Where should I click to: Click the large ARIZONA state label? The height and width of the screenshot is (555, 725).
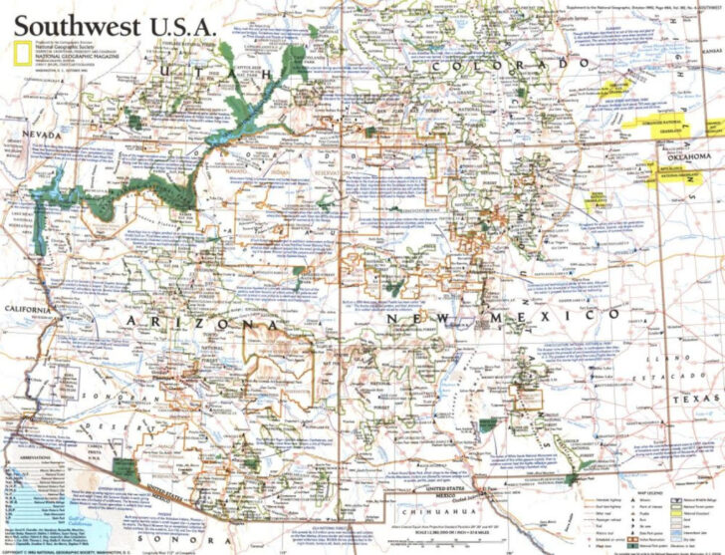199,325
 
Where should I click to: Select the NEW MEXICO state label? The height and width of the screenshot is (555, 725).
508,316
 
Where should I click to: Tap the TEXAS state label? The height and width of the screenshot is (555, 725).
693,397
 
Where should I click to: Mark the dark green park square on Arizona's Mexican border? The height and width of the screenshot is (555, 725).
123,471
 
